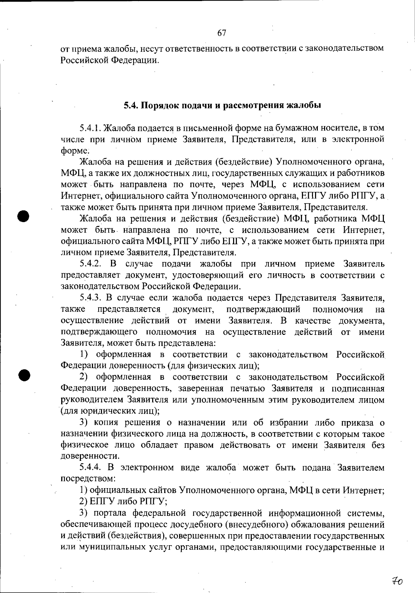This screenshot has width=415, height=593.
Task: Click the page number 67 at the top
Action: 222,33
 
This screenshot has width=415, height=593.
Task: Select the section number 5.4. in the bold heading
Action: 131,106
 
